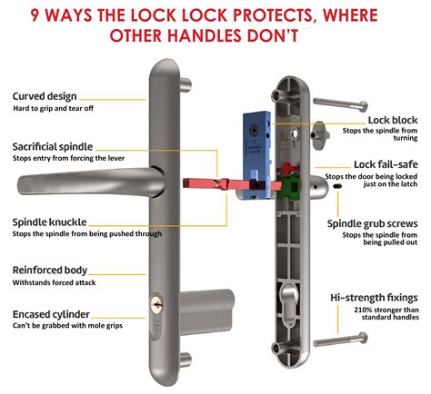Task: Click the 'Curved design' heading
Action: pyautogui.click(x=45, y=96)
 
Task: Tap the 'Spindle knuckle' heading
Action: pyautogui.click(x=51, y=222)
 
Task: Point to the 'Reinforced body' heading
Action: pyautogui.click(x=50, y=270)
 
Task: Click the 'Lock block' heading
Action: pyautogui.click(x=392, y=120)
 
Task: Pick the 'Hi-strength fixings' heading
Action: pyautogui.click(x=375, y=297)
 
